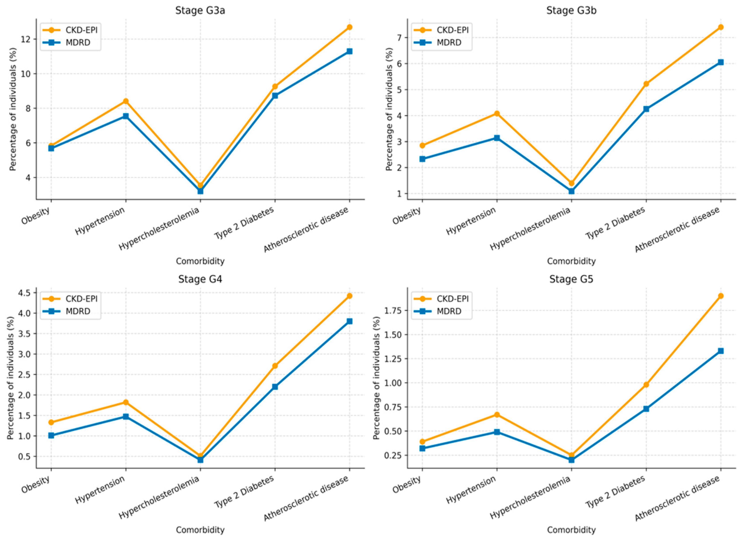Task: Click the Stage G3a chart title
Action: click(200, 10)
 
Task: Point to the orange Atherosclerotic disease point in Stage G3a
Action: click(350, 27)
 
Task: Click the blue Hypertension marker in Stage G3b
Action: click(497, 138)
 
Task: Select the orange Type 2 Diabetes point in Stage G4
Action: click(275, 366)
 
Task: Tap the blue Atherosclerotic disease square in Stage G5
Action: click(721, 351)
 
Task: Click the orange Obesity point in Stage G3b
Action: click(423, 145)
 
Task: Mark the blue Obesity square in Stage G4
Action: click(51, 435)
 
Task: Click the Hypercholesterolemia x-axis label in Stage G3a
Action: click(159, 229)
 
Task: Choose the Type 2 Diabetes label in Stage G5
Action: click(616, 491)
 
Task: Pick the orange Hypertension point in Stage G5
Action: click(497, 415)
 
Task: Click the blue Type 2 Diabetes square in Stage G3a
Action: click(275, 96)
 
